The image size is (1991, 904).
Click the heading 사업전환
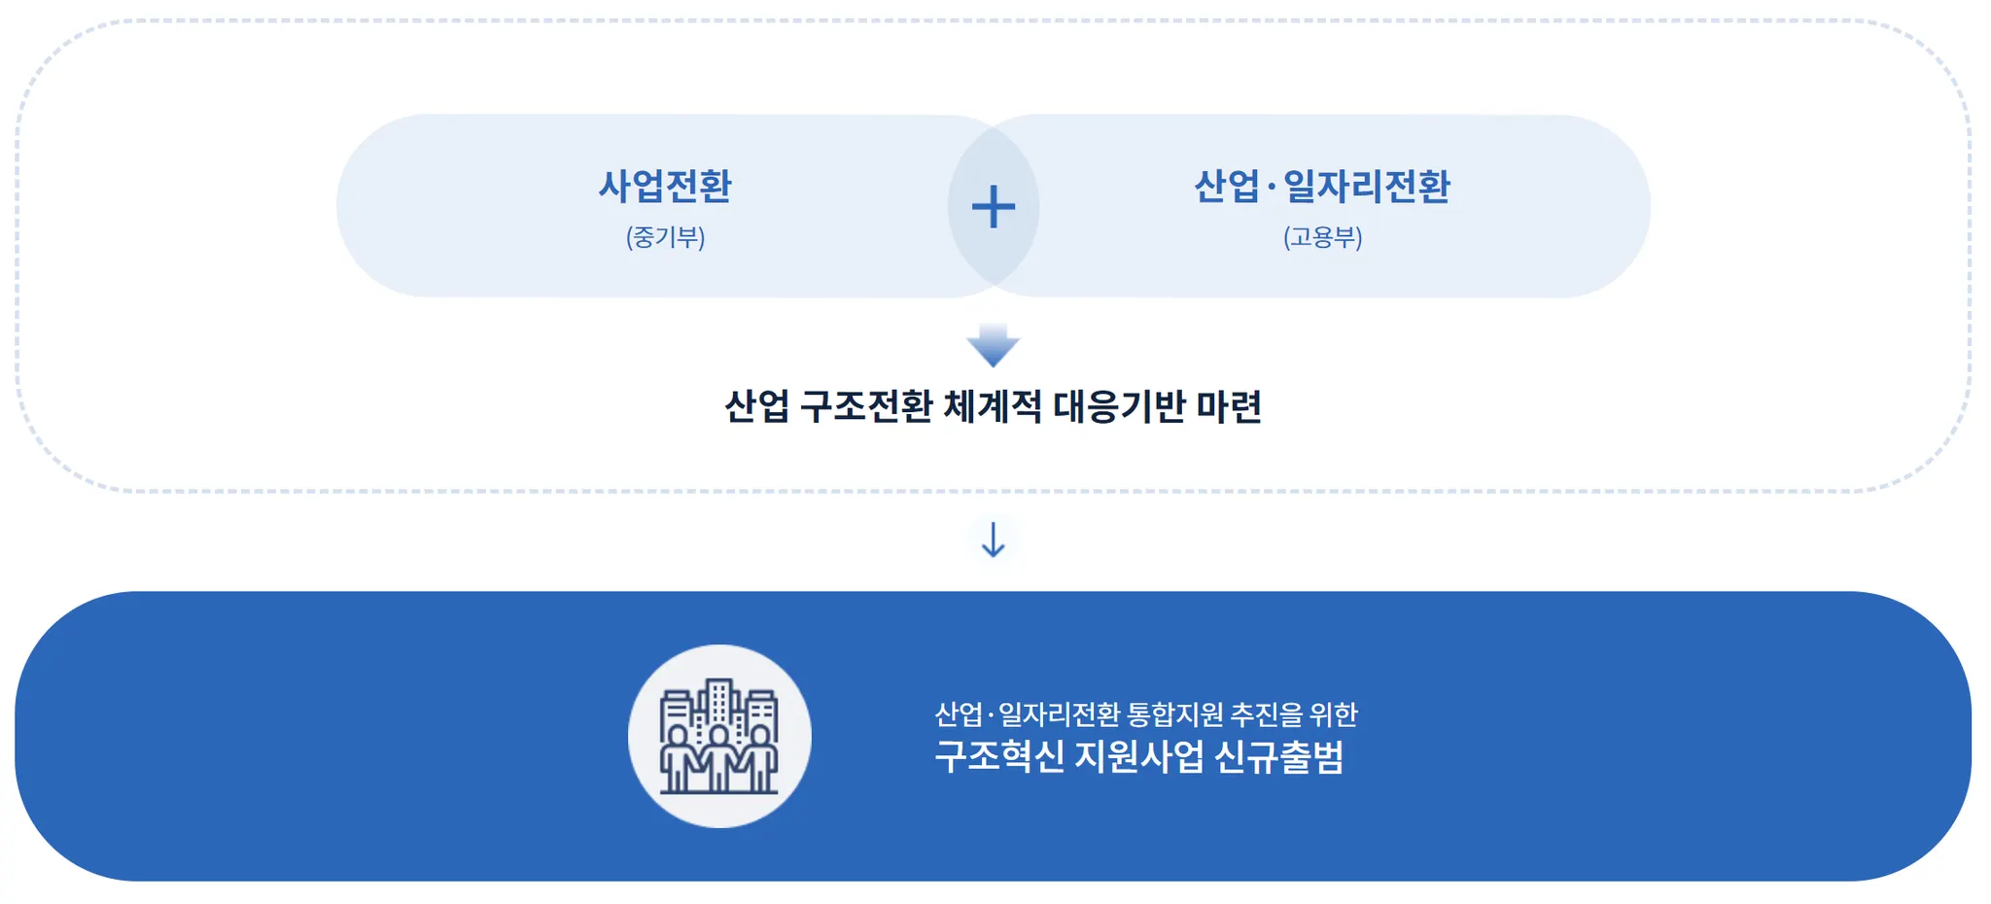[x=665, y=186]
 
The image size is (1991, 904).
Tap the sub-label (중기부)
[x=665, y=237]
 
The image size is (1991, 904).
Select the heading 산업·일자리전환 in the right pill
[x=1322, y=186]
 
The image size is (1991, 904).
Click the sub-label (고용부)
[x=1322, y=237]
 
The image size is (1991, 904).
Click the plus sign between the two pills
[x=993, y=207]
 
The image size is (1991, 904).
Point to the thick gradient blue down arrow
[x=993, y=345]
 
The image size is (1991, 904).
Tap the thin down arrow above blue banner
[x=993, y=539]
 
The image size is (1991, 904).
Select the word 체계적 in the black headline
[x=993, y=406]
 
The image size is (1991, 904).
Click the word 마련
[x=1229, y=406]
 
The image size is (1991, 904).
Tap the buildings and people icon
[x=719, y=736]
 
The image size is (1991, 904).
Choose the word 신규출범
[x=1279, y=756]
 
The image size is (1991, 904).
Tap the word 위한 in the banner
[x=1333, y=714]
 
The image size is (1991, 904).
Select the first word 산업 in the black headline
[x=756, y=406]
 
